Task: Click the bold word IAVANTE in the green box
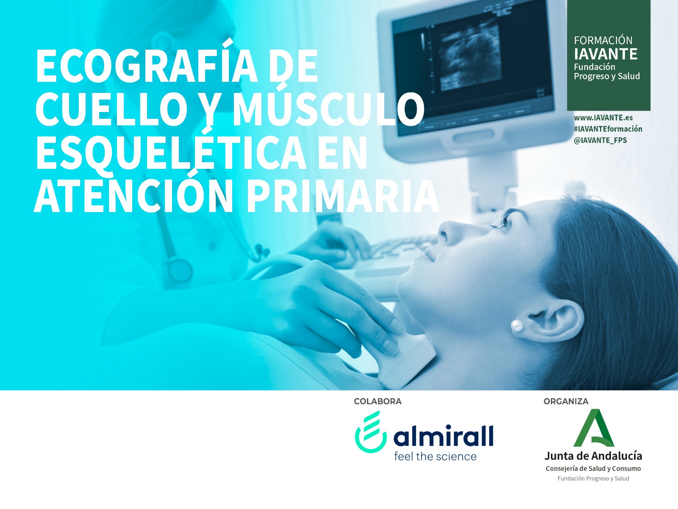(606, 54)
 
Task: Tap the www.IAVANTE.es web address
(603, 118)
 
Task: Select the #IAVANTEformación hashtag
(608, 129)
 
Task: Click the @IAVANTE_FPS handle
(600, 140)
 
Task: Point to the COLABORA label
(378, 401)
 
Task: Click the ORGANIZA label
(566, 401)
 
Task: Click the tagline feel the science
(435, 456)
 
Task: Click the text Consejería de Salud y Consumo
(593, 469)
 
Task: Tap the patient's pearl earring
(517, 325)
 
